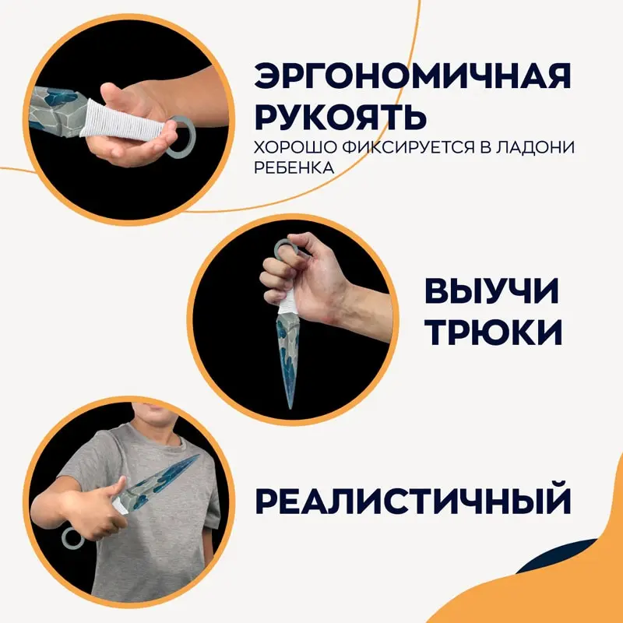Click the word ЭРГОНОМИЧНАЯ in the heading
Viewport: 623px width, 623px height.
413,78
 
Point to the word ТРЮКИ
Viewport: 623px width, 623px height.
491,333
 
